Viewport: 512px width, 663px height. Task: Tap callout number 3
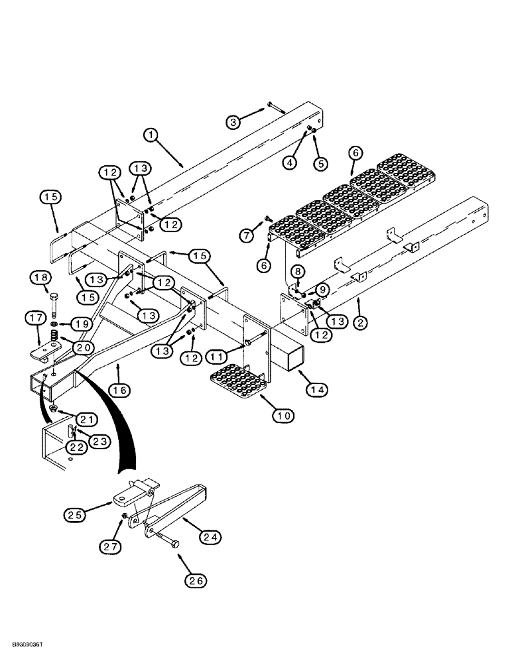coord(232,121)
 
